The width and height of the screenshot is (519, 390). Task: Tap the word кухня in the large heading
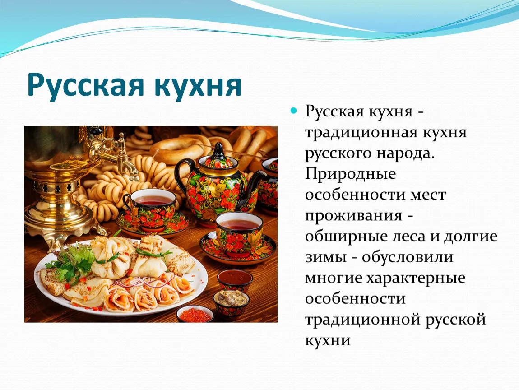click(198, 85)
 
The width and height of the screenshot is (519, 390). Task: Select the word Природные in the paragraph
click(350, 174)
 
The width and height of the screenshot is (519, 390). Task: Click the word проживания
click(353, 216)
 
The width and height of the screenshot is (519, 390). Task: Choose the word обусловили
click(408, 256)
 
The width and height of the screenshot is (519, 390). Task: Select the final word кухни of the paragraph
click(327, 340)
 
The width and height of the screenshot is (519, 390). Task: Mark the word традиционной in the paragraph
click(362, 320)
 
